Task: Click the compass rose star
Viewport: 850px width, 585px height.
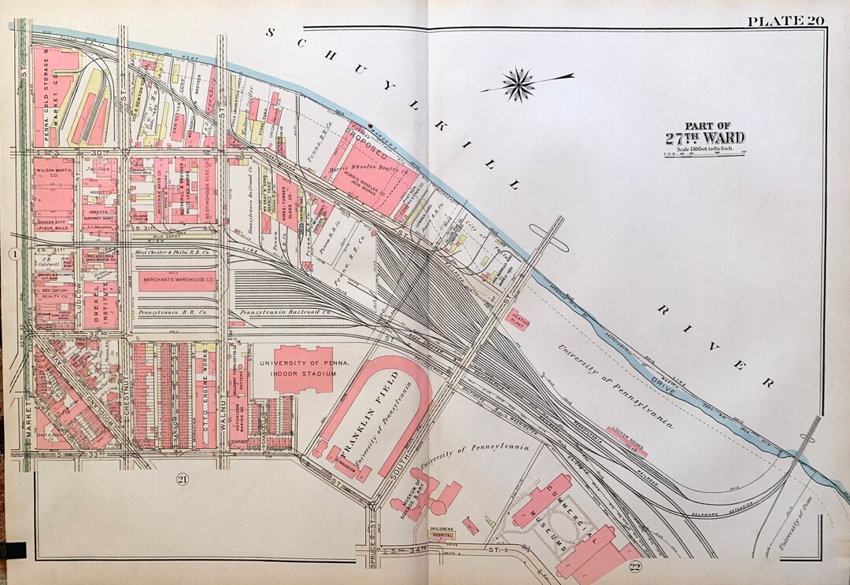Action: (519, 84)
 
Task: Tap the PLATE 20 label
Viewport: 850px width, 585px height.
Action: (785, 21)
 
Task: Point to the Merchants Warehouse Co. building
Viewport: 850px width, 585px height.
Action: (177, 279)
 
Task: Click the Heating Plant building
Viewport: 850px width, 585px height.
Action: (519, 319)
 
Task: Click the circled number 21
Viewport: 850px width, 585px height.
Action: (183, 480)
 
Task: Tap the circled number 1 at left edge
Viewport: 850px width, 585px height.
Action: (13, 253)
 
